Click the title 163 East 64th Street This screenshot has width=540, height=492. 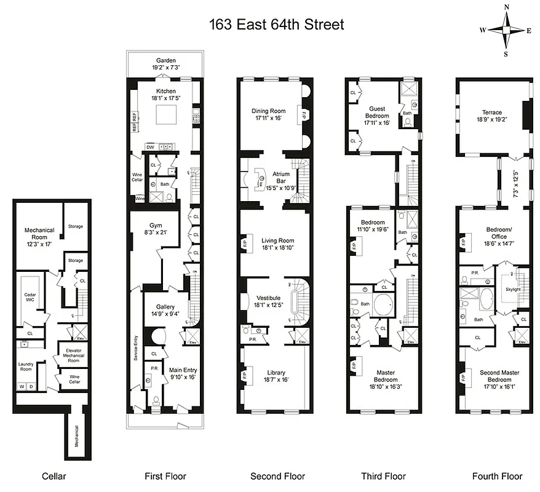(276, 25)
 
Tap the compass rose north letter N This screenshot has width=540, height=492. (506, 7)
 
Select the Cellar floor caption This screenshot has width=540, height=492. (54, 475)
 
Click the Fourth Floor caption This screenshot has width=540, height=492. (497, 475)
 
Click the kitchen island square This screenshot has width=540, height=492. (165, 114)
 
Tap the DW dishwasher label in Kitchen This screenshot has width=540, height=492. (149, 147)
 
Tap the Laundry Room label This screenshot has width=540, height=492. (25, 367)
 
